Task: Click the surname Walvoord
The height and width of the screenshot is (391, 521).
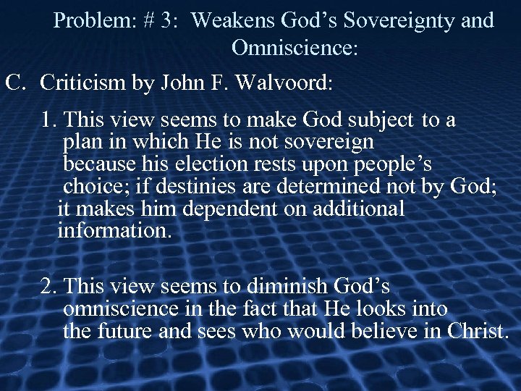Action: tap(280, 83)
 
